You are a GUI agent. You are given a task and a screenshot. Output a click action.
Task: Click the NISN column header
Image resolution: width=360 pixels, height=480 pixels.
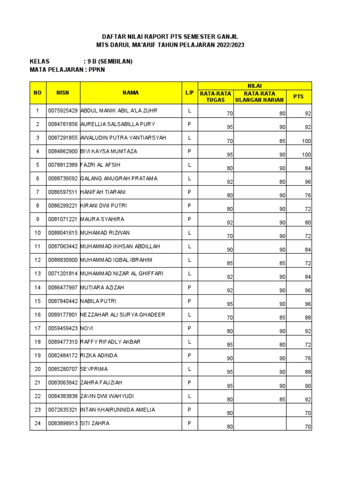pyautogui.click(x=63, y=93)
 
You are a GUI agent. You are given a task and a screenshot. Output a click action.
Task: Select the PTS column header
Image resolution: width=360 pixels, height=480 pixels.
pyautogui.click(x=298, y=97)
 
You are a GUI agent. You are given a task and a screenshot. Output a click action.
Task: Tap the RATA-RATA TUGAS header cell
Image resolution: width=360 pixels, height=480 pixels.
pyautogui.click(x=216, y=97)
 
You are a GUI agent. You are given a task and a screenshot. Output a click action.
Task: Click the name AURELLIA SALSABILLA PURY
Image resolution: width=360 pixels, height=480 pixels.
pyautogui.click(x=118, y=124)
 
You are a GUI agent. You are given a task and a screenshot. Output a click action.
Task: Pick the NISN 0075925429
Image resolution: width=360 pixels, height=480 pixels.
pyautogui.click(x=63, y=111)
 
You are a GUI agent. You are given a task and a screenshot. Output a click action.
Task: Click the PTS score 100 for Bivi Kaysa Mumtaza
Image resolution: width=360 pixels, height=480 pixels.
pyautogui.click(x=306, y=155)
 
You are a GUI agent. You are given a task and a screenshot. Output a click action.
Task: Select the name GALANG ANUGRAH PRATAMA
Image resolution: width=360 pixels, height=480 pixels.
pyautogui.click(x=119, y=179)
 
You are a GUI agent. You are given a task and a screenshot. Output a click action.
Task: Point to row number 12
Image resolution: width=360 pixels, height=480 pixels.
pyautogui.click(x=37, y=260)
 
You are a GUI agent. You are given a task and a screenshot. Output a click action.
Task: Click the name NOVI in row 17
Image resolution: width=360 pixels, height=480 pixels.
pyautogui.click(x=87, y=328)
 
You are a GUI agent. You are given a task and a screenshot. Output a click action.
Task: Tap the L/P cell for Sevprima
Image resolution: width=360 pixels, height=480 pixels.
pyautogui.click(x=189, y=369)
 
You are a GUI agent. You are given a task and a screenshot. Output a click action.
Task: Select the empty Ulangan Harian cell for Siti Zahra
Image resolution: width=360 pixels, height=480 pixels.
pyautogui.click(x=260, y=424)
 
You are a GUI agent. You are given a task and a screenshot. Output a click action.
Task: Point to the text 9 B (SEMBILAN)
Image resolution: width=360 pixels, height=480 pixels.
pyautogui.click(x=108, y=61)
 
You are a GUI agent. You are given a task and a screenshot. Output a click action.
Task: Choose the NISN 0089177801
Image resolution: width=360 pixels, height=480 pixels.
pyautogui.click(x=63, y=315)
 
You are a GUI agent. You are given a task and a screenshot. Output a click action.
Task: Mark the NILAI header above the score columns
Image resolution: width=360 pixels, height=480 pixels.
pyautogui.click(x=255, y=85)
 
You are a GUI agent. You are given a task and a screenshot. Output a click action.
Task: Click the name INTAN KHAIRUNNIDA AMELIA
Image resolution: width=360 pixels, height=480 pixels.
pyautogui.click(x=118, y=410)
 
